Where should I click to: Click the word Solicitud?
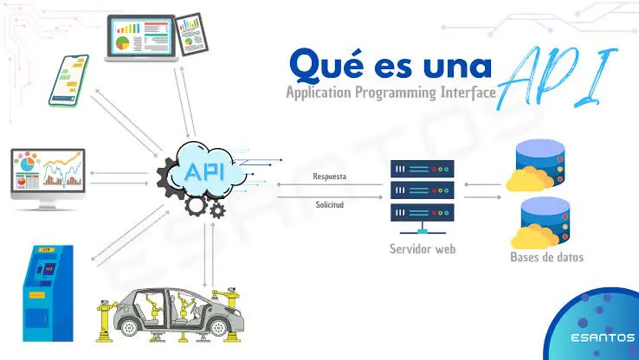[329, 205]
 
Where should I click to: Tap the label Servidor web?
[422, 249]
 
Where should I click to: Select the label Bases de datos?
[548, 257]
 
